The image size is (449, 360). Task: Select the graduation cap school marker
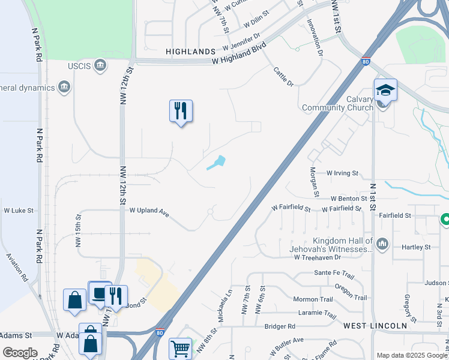[385, 91]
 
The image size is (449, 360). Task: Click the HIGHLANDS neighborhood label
[191, 52]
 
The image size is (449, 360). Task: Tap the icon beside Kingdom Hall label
[383, 244]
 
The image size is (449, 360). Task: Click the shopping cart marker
[181, 348]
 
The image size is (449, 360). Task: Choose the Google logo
[20, 353]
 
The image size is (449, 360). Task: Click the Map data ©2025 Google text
[412, 355]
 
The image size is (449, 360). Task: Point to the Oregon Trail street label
[351, 293]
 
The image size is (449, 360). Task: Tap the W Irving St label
[342, 173]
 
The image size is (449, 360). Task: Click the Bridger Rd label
[280, 326]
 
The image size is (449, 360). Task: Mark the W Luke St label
[19, 211]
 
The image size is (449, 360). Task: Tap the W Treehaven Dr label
[317, 257]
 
